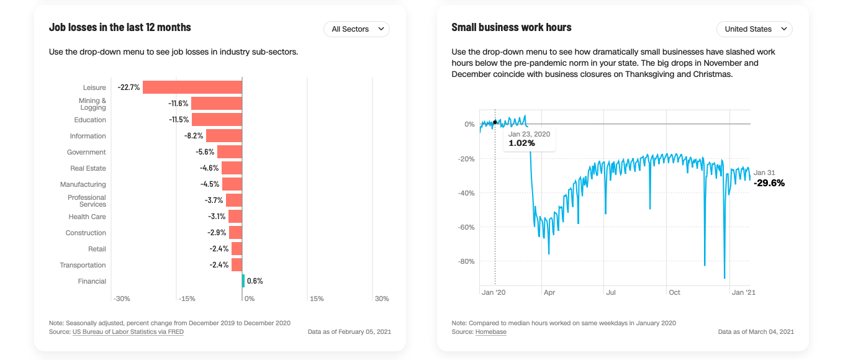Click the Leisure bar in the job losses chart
pos(192,88)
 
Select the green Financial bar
pos(243,281)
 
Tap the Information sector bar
pos(223,136)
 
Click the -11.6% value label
pos(178,104)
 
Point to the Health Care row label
pos(87,217)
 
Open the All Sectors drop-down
pos(356,29)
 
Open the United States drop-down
pos(754,29)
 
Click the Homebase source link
pos(490,332)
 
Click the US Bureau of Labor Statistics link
pos(128,332)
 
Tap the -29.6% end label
pos(769,183)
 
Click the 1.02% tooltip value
pos(521,143)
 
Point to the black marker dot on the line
pos(495,122)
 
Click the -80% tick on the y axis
pos(466,261)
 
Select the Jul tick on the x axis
pos(611,292)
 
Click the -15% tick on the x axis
pos(187,299)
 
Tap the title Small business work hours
pos(512,27)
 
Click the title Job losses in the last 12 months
pos(120,27)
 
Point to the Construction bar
pos(235,233)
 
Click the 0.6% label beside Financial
pos(255,281)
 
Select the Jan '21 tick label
pos(743,292)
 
